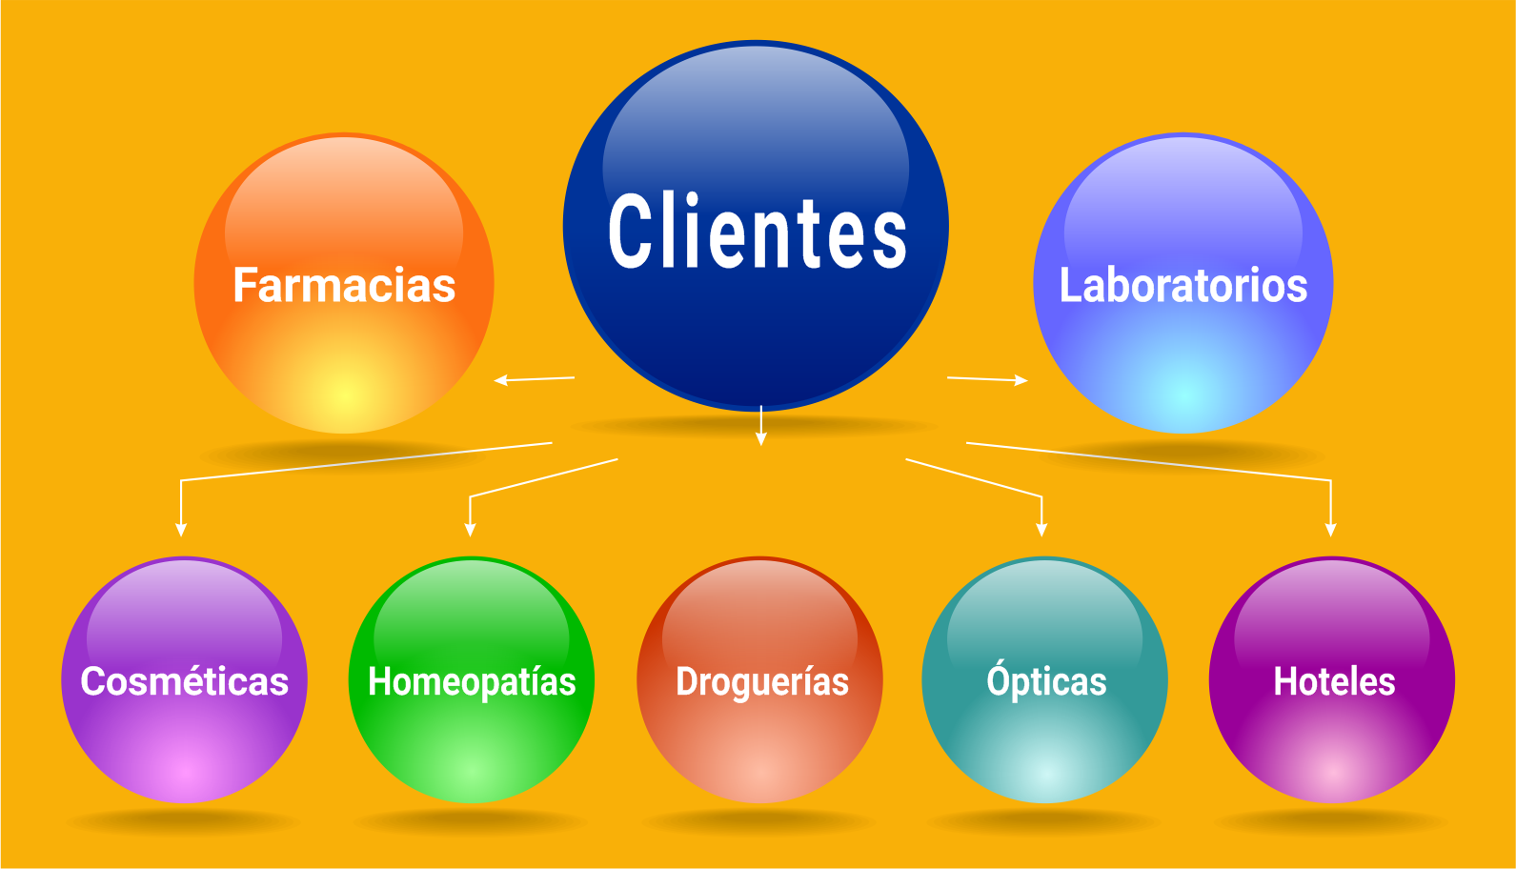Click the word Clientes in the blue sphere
coord(758,232)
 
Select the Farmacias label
coord(344,285)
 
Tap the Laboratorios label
coord(1182,285)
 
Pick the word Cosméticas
coord(184,681)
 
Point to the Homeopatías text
coord(472,682)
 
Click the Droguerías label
coord(761,682)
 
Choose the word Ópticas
coord(1046,681)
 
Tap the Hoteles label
coord(1334,681)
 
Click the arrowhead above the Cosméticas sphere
coord(181,530)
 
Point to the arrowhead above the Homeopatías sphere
coord(470,530)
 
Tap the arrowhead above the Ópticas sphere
coord(1041,530)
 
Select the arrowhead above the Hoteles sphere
coord(1330,530)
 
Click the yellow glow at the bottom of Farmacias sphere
coord(344,394)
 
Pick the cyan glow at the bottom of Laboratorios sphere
coord(1182,392)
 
